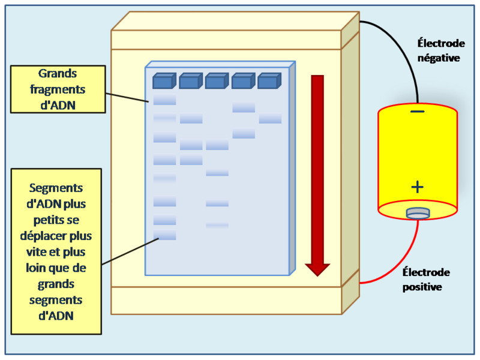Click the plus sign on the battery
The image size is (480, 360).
418,187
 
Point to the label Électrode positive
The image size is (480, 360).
426,280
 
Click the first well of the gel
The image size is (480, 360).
164,81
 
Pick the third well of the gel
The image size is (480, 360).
216,81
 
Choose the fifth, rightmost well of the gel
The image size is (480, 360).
269,80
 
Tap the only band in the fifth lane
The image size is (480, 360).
270,119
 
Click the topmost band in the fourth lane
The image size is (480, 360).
244,107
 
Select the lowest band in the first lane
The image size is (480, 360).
164,235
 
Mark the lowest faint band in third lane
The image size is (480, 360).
217,225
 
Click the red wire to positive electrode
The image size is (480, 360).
396,264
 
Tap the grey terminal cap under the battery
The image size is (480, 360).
418,212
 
